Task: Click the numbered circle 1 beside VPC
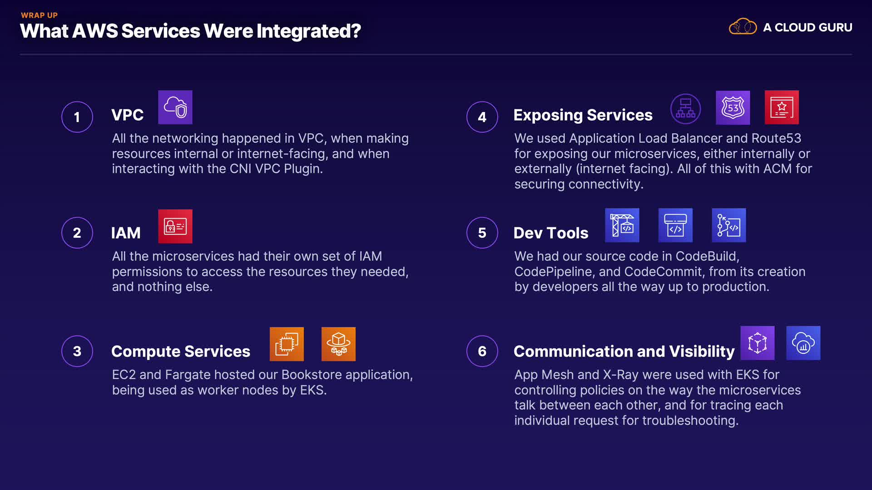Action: click(x=77, y=117)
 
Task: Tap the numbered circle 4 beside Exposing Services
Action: click(x=482, y=117)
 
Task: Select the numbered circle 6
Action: click(x=482, y=351)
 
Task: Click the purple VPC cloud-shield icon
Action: click(x=175, y=107)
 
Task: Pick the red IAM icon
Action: click(x=175, y=226)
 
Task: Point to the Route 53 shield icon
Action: click(x=733, y=108)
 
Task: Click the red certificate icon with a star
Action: click(x=782, y=108)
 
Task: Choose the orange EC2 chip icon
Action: click(x=287, y=344)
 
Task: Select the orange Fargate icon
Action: click(x=338, y=344)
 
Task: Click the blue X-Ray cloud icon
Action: click(x=803, y=343)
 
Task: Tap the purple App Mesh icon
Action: click(x=758, y=343)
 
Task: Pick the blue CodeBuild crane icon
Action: click(x=622, y=225)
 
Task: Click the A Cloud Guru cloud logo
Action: click(x=743, y=26)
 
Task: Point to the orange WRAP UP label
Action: click(x=40, y=15)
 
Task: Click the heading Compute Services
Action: click(x=181, y=351)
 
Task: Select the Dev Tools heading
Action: click(x=551, y=233)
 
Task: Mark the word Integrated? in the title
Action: click(x=308, y=31)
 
